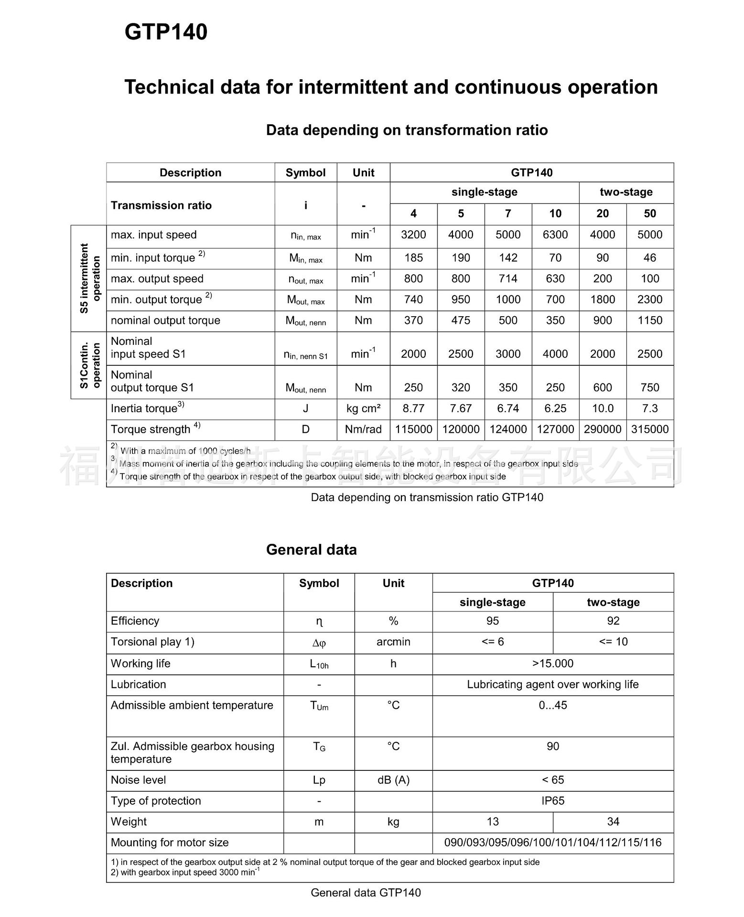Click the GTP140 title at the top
pos(166,32)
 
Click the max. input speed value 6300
pos(555,235)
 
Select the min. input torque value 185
pos(413,258)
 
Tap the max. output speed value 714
pos(508,279)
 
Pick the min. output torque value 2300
pos(650,300)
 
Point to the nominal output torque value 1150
pos(650,320)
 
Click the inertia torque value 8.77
pos(413,409)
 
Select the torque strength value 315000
pos(650,429)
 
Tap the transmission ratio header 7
pos(508,214)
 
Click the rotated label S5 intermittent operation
pos(90,278)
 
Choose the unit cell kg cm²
pos(363,409)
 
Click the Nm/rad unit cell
pos(363,429)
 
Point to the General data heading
pos(311,550)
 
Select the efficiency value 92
pos(613,621)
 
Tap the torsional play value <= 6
pos(493,642)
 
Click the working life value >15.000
pos(553,663)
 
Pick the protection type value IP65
pos(553,801)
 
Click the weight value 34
pos(613,821)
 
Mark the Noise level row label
pos(138,780)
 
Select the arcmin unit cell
pos(393,642)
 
